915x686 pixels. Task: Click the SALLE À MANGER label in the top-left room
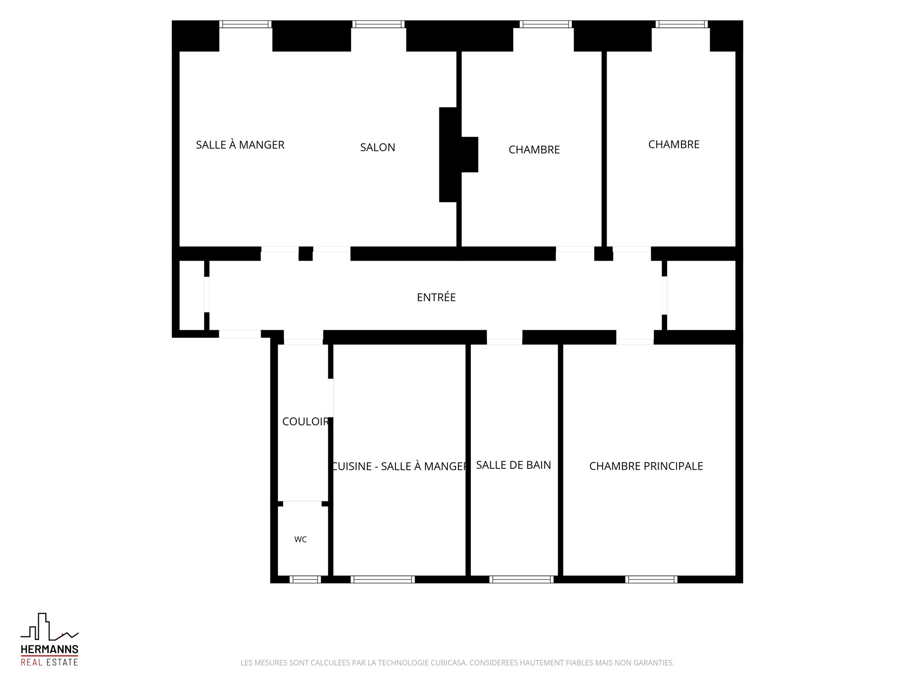pyautogui.click(x=240, y=145)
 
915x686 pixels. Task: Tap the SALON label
pyautogui.click(x=377, y=148)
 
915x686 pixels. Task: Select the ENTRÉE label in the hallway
pyautogui.click(x=436, y=297)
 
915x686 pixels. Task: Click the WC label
pyautogui.click(x=300, y=539)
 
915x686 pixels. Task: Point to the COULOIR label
pyautogui.click(x=305, y=422)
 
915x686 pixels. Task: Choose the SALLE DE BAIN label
pyautogui.click(x=513, y=465)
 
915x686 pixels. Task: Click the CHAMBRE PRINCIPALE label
pyautogui.click(x=646, y=466)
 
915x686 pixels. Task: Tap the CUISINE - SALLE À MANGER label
pyautogui.click(x=399, y=466)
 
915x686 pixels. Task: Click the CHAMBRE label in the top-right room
pyautogui.click(x=674, y=144)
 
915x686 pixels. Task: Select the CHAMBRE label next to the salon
pyautogui.click(x=534, y=150)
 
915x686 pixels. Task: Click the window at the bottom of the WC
pyautogui.click(x=305, y=579)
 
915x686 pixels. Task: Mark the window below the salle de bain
pyautogui.click(x=521, y=579)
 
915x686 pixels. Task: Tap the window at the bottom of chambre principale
pyautogui.click(x=651, y=579)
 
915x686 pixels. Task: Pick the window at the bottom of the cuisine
pyautogui.click(x=383, y=579)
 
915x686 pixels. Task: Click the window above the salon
pyautogui.click(x=378, y=24)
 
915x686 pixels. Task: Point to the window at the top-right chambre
pyautogui.click(x=681, y=24)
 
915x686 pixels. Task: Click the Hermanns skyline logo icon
pyautogui.click(x=49, y=626)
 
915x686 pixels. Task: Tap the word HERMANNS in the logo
pyautogui.click(x=50, y=649)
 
